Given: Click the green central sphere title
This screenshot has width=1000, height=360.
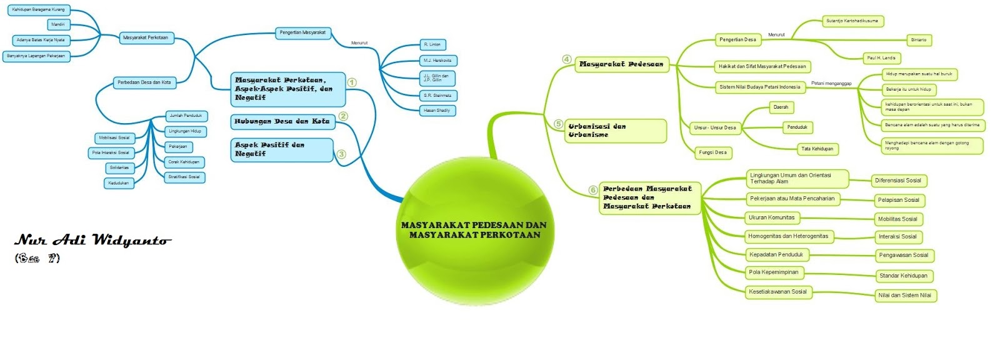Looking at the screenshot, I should [x=474, y=230].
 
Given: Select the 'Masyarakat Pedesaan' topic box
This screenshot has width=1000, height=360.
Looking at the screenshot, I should [x=621, y=64].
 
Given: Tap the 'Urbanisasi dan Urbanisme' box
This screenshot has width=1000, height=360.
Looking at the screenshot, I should [x=616, y=131].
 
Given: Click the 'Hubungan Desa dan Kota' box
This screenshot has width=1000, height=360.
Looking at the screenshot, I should [x=282, y=121].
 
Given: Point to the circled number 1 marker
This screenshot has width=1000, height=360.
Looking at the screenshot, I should [x=352, y=82].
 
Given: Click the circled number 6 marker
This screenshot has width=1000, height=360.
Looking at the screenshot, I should [x=593, y=190].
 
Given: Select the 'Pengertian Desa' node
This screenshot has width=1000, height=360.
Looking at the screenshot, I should [x=737, y=40].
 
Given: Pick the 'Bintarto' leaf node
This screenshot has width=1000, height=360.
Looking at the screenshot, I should [x=918, y=40].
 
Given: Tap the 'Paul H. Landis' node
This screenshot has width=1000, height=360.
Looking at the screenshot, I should [x=881, y=58].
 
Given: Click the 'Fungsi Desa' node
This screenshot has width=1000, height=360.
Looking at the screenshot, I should [x=712, y=152].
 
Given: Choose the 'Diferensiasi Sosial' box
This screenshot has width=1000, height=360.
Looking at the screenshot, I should [x=898, y=181].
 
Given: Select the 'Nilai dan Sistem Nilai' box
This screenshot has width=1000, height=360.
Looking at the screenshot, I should [x=904, y=296].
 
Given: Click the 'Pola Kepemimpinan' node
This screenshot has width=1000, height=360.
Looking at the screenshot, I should [x=774, y=272].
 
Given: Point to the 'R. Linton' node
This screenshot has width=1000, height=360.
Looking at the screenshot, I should [x=432, y=45].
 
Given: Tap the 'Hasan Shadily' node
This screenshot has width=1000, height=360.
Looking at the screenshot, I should [x=436, y=111].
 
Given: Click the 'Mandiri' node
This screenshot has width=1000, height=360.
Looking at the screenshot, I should [x=58, y=25].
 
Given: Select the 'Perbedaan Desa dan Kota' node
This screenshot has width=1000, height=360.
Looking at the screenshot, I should [x=144, y=82].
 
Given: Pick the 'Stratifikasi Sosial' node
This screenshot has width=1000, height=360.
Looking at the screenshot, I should [x=184, y=177].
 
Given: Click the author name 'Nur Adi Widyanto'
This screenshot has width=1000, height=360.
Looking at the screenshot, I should [x=92, y=241].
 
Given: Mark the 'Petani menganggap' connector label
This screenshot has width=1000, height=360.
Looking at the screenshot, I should [x=831, y=83].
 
